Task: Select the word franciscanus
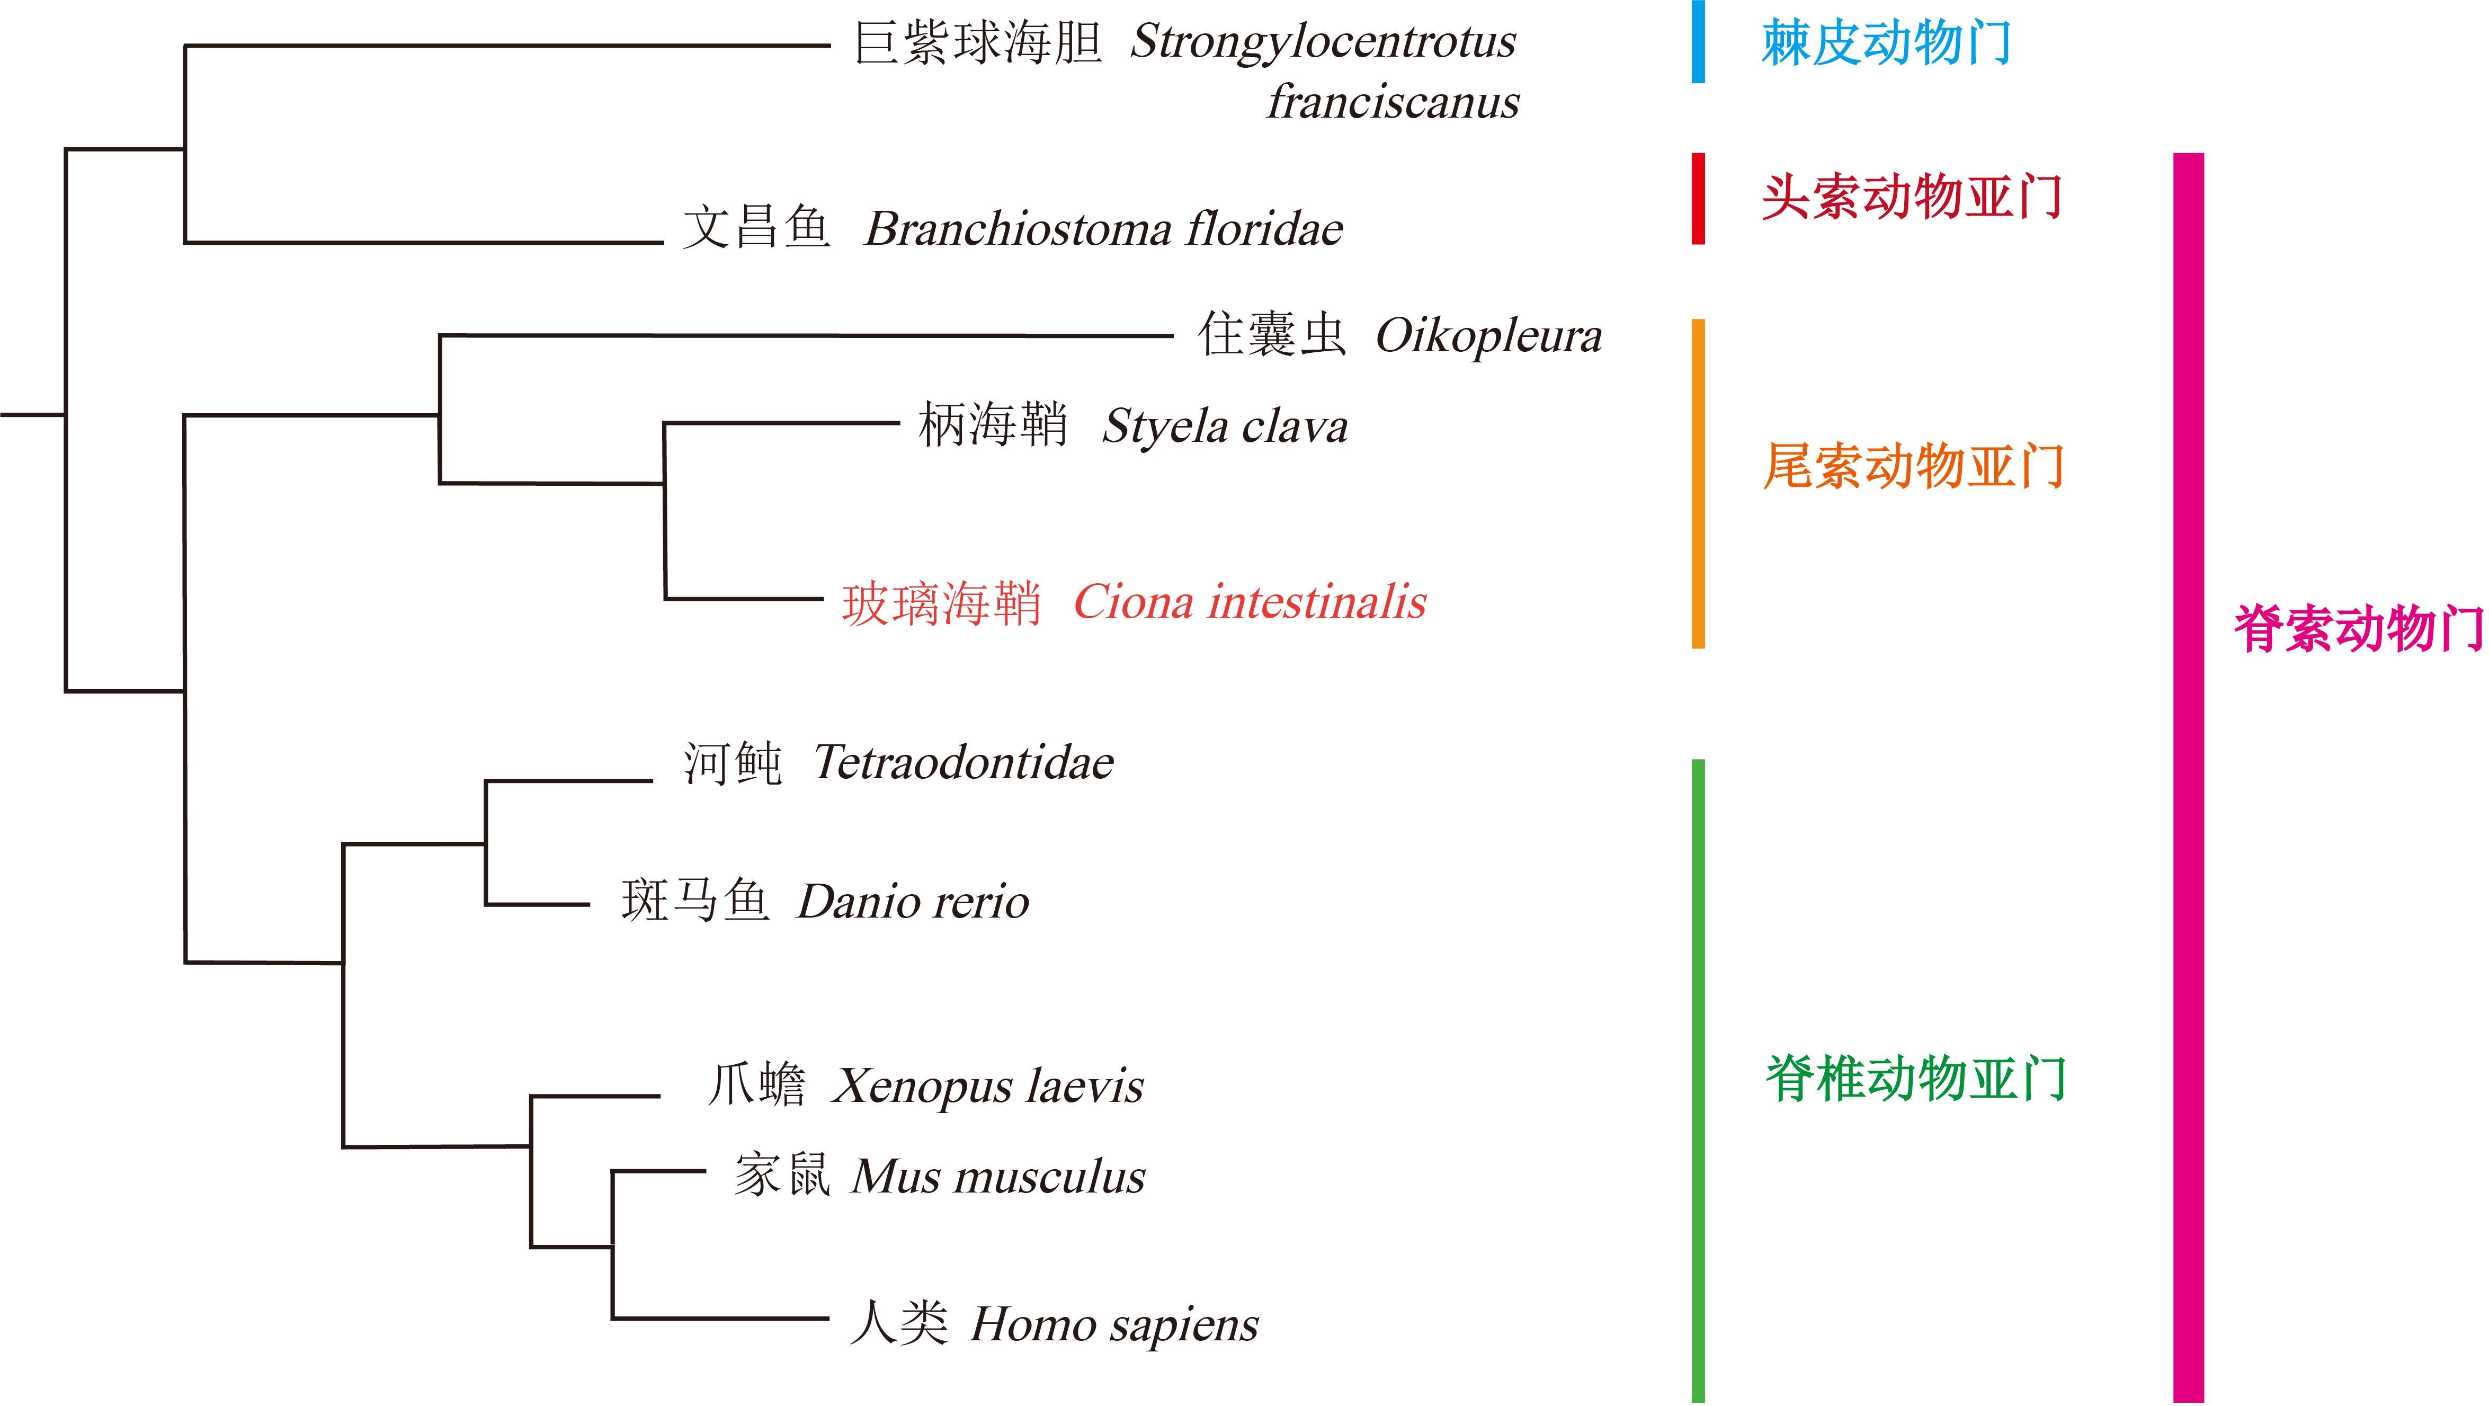[x=1393, y=102]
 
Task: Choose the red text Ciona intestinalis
[x=1250, y=602]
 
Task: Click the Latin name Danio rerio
[x=913, y=902]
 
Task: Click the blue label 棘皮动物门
[x=1885, y=43]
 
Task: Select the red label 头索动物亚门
[x=1911, y=198]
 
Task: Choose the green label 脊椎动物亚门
[x=1915, y=1079]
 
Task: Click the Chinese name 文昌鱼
[x=756, y=229]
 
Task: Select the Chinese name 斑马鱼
[x=695, y=902]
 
